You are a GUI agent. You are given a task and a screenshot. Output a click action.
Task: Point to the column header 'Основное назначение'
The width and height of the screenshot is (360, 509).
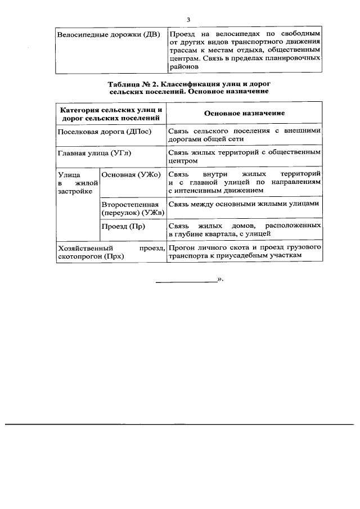coord(244,113)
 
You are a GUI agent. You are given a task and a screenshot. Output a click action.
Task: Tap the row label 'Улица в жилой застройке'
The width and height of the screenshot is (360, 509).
coord(78,183)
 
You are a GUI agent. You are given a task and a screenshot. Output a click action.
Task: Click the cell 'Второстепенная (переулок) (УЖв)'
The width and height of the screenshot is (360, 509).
coord(132,208)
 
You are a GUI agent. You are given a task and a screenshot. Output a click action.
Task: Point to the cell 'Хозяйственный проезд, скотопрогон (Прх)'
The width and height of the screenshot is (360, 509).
coord(111,251)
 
